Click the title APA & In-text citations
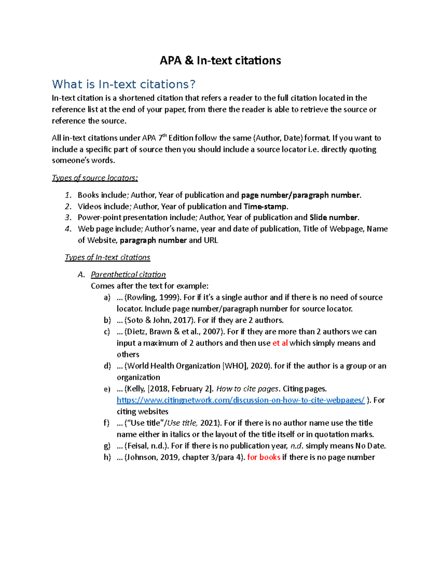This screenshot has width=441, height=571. tap(220, 60)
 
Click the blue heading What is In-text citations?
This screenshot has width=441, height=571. tap(123, 84)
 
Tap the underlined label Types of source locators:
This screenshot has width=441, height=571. tap(95, 178)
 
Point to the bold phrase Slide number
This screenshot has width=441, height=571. tap(334, 218)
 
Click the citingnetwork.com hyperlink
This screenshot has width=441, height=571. tap(240, 400)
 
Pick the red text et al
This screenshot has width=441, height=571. tap(280, 343)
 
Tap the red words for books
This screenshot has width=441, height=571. tap(264, 457)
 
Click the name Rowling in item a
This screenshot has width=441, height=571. tap(141, 297)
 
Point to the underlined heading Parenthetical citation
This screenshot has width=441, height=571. tap(128, 275)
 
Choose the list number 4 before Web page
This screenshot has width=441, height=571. tap(68, 229)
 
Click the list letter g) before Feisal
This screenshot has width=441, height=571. tap(107, 446)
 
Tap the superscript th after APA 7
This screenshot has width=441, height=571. tap(165, 136)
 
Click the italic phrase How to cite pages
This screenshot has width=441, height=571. tap(247, 389)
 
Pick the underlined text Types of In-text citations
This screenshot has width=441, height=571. tap(107, 257)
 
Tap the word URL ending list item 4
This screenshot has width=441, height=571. tap(211, 240)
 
